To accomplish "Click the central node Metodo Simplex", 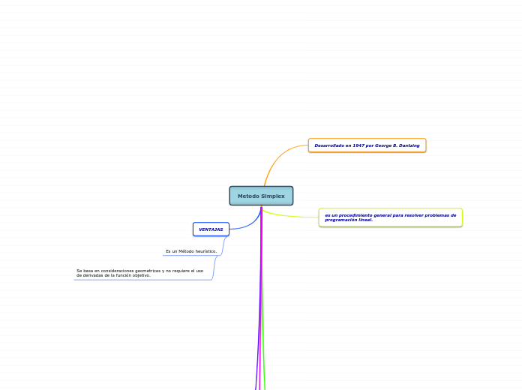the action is tap(261, 196).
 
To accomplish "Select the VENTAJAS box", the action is tap(211, 229).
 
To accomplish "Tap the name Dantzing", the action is tap(408, 145).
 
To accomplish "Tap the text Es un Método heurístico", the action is tap(190, 251).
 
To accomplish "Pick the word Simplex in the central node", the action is tap(272, 196).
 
